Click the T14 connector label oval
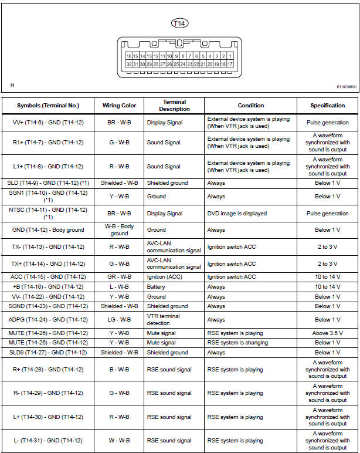pos(179,23)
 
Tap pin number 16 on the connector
pos(129,56)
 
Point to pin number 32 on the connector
pos(129,64)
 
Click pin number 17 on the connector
pos(230,64)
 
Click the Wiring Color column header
pos(119,106)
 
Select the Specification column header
pos(327,106)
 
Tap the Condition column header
pos(250,106)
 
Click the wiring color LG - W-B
pos(119,320)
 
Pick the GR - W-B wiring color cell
pos(119,277)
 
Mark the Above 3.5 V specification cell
pos(327,333)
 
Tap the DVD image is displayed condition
pos(236,214)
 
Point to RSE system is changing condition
pos(237,343)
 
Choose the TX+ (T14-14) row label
pos(48,264)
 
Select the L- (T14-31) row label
pos(48,441)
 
